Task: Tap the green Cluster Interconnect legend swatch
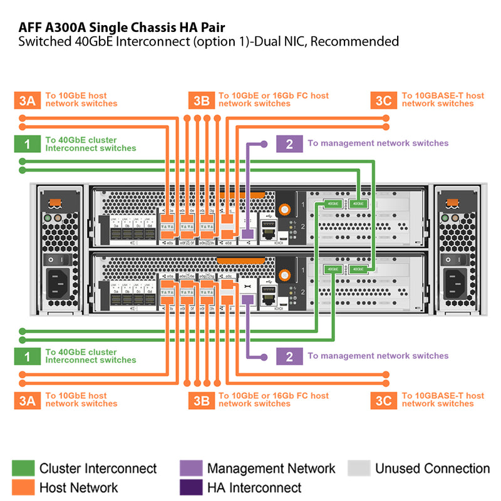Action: coord(23,468)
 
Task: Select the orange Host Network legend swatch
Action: coord(23,487)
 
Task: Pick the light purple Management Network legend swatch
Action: coord(191,468)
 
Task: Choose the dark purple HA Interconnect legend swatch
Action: coord(191,487)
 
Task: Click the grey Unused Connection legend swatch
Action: coord(359,468)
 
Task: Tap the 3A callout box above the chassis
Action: coord(27,100)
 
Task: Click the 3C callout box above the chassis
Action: coord(383,100)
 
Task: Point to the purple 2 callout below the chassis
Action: coord(289,356)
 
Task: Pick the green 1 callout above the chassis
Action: coord(27,144)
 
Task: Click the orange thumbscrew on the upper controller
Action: coord(286,209)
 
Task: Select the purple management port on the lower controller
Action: coord(247,300)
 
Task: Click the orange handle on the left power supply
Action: coord(54,202)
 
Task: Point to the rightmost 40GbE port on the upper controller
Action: coord(358,203)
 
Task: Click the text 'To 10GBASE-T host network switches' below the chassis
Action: coord(443,400)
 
